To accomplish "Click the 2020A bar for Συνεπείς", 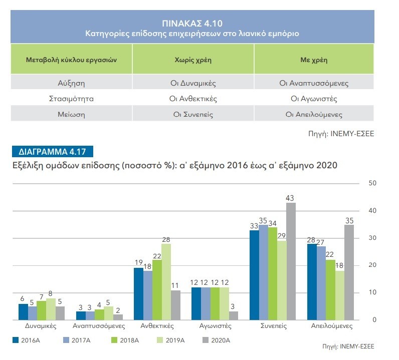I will tap(290, 261).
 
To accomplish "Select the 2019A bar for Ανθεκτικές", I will tap(166, 281).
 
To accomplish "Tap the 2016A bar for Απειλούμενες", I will tap(312, 281).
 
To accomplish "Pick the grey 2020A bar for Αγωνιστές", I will tap(233, 315).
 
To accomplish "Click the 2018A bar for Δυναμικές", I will tap(41, 310).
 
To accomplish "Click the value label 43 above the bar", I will tap(290, 198).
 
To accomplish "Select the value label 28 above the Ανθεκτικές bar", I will tap(166, 239).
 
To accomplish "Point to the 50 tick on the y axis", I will tap(372, 183).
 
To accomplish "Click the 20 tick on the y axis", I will tap(372, 265).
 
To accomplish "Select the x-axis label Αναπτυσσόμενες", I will tap(92, 325).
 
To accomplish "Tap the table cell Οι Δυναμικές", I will tap(193, 83).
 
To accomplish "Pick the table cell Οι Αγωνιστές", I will tap(314, 99).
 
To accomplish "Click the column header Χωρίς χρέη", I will tap(193, 60).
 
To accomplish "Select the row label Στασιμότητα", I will tap(71, 99).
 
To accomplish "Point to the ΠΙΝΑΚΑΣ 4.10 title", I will tap(192, 23).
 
